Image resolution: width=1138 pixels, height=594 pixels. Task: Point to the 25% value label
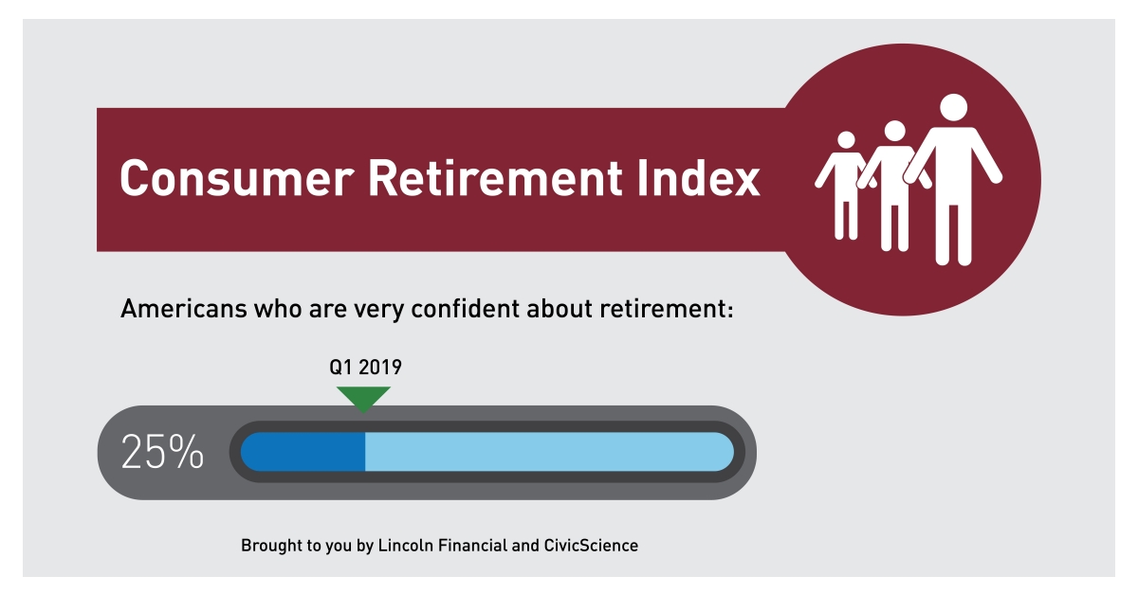[x=161, y=453]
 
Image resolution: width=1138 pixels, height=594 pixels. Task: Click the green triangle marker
[x=363, y=398]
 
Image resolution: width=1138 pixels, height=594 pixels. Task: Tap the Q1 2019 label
[x=364, y=367]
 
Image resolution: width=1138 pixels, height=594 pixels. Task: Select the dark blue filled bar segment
[x=303, y=452]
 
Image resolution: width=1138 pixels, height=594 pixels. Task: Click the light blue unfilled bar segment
[x=548, y=452]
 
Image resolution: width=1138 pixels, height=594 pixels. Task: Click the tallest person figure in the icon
[x=953, y=180]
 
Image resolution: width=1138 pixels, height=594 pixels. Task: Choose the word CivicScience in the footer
[x=591, y=546]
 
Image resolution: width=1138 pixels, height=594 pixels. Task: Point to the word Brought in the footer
[x=269, y=546]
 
